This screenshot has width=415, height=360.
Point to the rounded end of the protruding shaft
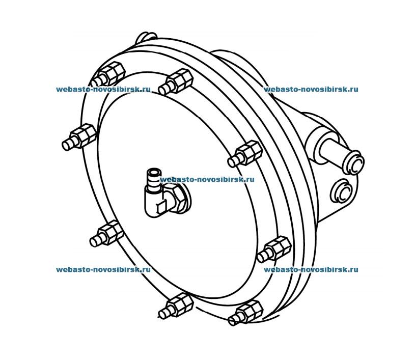click(x=355, y=162)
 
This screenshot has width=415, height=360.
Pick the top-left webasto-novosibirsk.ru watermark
click(x=103, y=89)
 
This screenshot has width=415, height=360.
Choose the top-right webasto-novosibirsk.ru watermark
click(x=311, y=89)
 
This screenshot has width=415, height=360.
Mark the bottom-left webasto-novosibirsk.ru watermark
click(x=103, y=269)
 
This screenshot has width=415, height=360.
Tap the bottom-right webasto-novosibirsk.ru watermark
click(x=311, y=269)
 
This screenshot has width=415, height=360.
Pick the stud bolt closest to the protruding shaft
click(x=244, y=154)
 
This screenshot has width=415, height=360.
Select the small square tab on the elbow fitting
click(x=160, y=206)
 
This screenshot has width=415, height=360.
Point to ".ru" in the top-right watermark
click(x=352, y=89)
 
